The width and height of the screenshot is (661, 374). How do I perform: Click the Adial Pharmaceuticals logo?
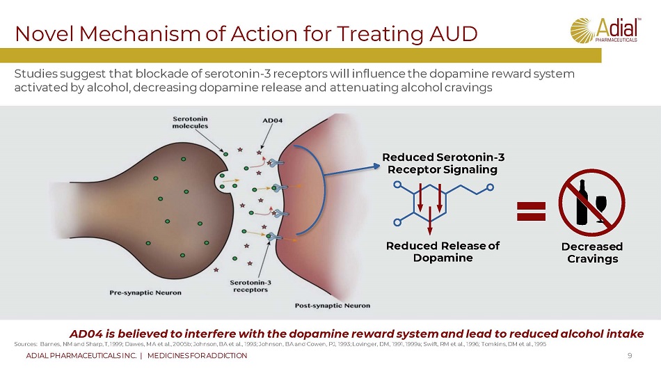coord(604,30)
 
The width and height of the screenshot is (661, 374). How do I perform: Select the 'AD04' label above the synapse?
coord(272,120)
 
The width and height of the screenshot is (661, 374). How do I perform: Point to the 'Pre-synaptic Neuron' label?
coord(145,293)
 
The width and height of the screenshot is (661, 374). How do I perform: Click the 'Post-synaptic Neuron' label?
coord(333,306)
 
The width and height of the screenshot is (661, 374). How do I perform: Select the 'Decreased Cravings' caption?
coord(591,253)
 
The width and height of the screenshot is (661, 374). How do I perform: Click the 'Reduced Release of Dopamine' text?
coord(443,251)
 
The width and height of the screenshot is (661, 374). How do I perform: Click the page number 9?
coord(629,356)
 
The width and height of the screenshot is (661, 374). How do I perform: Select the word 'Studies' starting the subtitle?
coord(36,74)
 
